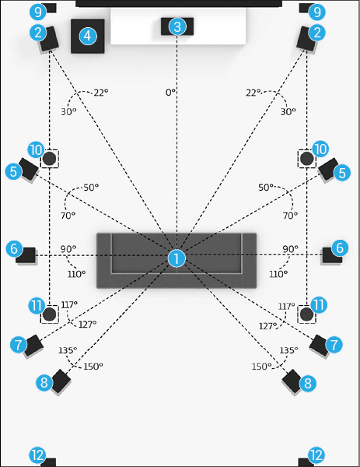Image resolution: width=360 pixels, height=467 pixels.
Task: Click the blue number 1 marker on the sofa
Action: [x=177, y=258]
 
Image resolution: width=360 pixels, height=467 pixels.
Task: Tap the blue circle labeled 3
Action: [x=177, y=26]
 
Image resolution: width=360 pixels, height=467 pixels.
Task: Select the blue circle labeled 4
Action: [x=87, y=36]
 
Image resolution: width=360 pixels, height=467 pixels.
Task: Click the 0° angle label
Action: [x=170, y=93]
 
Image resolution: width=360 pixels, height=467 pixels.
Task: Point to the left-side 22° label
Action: [x=101, y=93]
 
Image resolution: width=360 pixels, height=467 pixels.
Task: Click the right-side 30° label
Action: [x=288, y=111]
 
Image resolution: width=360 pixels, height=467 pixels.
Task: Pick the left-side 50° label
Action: [x=91, y=188]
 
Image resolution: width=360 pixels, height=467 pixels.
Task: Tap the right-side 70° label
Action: [x=290, y=215]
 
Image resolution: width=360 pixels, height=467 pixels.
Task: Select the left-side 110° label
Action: [x=76, y=274]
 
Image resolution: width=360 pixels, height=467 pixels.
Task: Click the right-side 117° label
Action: [x=286, y=306]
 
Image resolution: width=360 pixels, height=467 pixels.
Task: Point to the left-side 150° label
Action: [x=93, y=367]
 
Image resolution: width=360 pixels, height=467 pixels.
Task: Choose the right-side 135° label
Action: [x=288, y=350]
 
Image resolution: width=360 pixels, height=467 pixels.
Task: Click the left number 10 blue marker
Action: [x=36, y=149]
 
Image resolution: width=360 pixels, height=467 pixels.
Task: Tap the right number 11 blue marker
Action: [x=319, y=305]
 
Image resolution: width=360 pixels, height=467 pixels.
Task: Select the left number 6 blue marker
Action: [x=14, y=248]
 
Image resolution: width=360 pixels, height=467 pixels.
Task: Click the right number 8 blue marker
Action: [x=308, y=383]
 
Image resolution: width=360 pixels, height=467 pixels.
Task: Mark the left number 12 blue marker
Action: [x=37, y=455]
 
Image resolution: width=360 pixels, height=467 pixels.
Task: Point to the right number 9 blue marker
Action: [x=317, y=12]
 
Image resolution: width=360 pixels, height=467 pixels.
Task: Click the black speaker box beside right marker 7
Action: [x=320, y=345]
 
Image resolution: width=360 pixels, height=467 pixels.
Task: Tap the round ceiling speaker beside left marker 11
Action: [x=50, y=314]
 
